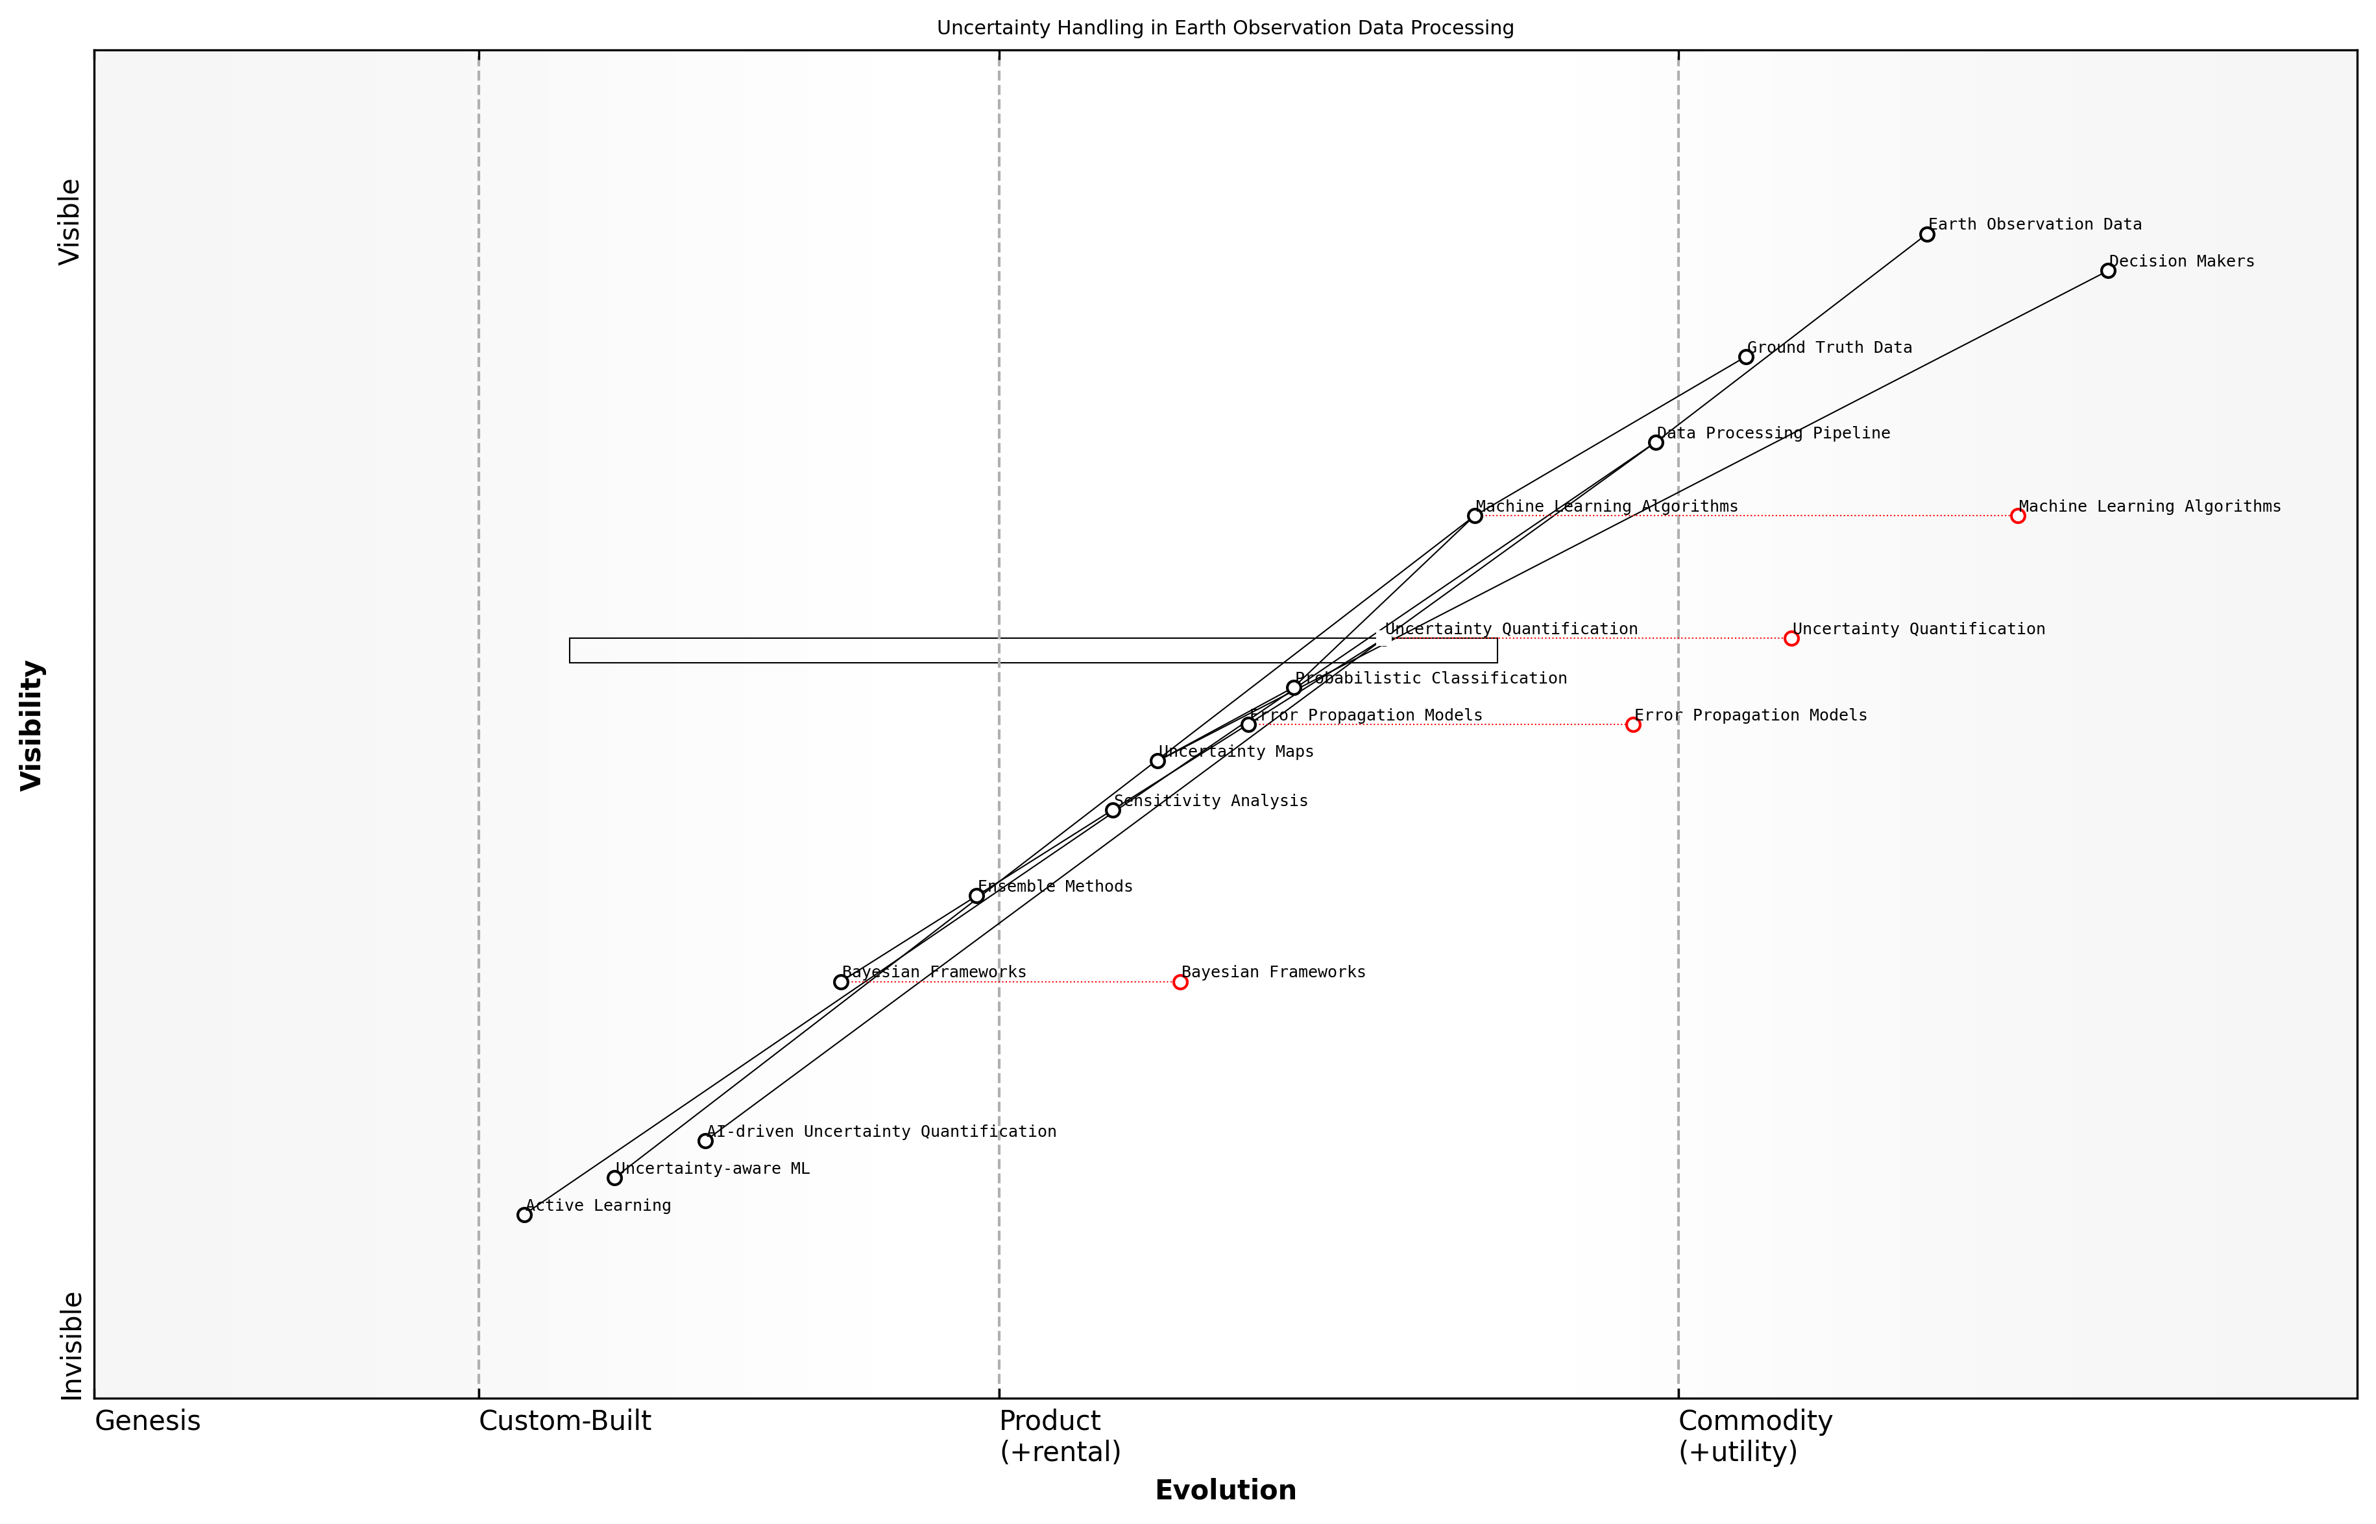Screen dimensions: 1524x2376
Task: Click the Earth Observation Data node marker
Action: [1926, 235]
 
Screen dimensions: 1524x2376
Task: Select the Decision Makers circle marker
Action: [2107, 271]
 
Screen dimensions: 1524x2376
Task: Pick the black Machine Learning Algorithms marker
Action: [1474, 516]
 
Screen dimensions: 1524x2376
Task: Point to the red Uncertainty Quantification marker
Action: [1791, 638]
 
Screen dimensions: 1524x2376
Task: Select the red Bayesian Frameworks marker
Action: [1180, 982]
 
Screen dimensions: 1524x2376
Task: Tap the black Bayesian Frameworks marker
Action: [840, 982]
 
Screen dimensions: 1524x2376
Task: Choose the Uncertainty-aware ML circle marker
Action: [615, 1178]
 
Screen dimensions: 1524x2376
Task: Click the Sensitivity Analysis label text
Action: [1210, 802]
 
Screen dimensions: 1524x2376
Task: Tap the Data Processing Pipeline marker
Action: [1655, 442]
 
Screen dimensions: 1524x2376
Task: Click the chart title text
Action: [1224, 28]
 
